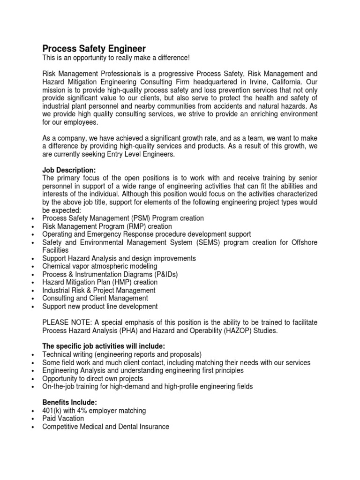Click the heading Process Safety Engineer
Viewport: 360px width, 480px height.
pos(94,49)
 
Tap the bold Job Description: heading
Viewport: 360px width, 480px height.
pos(68,171)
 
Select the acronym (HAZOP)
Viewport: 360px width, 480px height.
pos(239,330)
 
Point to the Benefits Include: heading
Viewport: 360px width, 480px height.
pos(68,402)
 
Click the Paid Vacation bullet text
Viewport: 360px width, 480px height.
pos(63,418)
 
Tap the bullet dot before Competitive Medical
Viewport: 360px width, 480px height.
pos(31,427)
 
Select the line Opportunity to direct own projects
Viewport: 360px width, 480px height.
pos(92,378)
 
